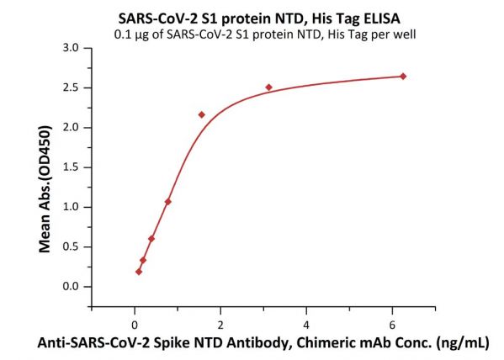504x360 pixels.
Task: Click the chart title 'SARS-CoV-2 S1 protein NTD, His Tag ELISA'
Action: [x=259, y=19]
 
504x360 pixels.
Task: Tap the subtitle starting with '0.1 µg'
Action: [x=265, y=34]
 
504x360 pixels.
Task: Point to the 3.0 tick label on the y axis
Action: [x=71, y=48]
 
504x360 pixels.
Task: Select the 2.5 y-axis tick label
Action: [x=71, y=87]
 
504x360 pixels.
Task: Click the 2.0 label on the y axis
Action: [x=71, y=128]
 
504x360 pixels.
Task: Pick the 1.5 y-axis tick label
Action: [x=71, y=167]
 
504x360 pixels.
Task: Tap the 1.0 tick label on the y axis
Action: [x=71, y=207]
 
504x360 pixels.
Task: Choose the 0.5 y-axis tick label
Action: [x=71, y=246]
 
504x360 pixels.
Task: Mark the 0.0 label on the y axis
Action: [x=71, y=286]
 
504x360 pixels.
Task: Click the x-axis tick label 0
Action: [x=135, y=326]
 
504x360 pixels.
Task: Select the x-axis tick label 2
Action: [x=220, y=326]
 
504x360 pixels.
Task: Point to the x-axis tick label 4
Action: [x=306, y=326]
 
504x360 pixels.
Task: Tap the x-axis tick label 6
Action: [x=392, y=326]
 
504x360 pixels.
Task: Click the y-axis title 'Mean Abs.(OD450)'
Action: [x=45, y=189]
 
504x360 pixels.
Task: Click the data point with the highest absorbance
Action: [x=403, y=77]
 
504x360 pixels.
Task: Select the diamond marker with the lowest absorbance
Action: [x=139, y=272]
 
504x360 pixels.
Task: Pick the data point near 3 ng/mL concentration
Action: [x=269, y=87]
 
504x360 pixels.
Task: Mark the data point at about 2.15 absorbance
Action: [x=202, y=114]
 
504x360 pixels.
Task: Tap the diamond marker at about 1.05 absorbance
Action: [x=167, y=202]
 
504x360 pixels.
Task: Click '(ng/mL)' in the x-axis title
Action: [x=462, y=344]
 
